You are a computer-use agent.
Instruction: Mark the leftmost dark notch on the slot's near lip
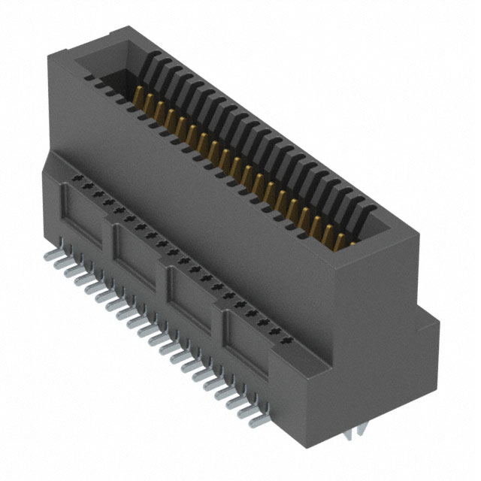(89, 77)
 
